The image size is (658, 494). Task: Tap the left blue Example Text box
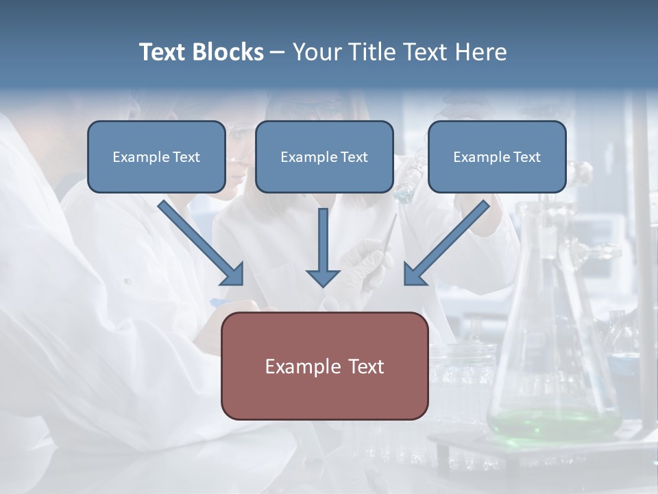click(x=156, y=157)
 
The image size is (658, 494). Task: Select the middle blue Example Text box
click(x=324, y=157)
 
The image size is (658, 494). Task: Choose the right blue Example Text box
click(x=497, y=157)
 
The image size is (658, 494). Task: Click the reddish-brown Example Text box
click(x=324, y=366)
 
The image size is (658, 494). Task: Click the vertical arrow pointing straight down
click(x=323, y=247)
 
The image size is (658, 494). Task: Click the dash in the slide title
click(x=278, y=53)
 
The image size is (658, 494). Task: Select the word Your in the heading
click(x=315, y=52)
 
